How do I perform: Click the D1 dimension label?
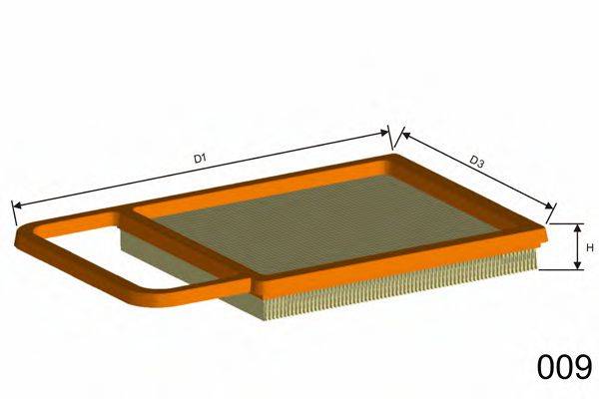point(199,157)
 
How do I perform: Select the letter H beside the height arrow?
point(590,246)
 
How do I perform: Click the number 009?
point(564,368)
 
